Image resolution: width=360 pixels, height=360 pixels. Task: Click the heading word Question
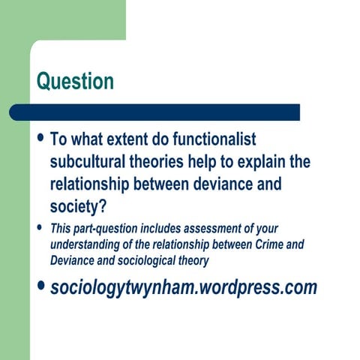click(x=76, y=81)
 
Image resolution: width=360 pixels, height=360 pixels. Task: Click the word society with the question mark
click(x=76, y=206)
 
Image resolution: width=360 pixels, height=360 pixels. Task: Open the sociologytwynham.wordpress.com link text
click(x=184, y=287)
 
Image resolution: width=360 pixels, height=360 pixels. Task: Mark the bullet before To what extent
click(x=40, y=139)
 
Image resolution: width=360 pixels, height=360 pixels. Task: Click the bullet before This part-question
click(x=40, y=227)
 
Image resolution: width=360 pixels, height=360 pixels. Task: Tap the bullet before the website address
click(x=40, y=286)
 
